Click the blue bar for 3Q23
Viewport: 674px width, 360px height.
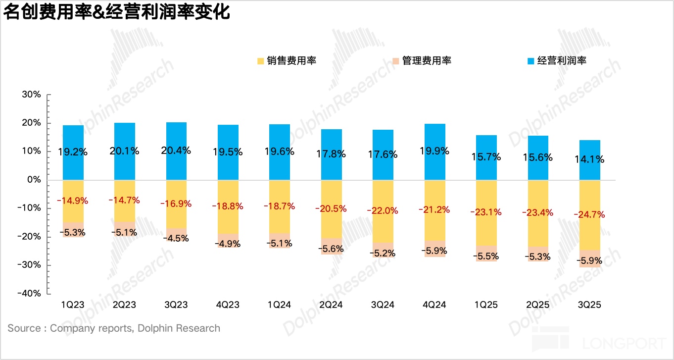[x=176, y=134]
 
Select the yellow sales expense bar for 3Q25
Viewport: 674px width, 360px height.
[x=590, y=233]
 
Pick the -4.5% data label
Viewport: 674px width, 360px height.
[x=176, y=238]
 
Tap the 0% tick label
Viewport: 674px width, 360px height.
[x=33, y=180]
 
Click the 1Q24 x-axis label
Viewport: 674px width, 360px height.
[x=280, y=305]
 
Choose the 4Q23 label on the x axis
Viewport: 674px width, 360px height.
[x=228, y=305]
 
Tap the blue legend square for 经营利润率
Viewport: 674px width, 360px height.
[x=530, y=61]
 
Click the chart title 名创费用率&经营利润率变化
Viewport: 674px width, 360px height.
[x=117, y=12]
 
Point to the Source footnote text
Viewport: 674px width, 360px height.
[x=114, y=328]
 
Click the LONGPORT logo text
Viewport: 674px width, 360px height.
[x=624, y=343]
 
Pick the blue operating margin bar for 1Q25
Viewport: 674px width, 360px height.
[x=486, y=144]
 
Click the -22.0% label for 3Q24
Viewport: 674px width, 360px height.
[x=383, y=210]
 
